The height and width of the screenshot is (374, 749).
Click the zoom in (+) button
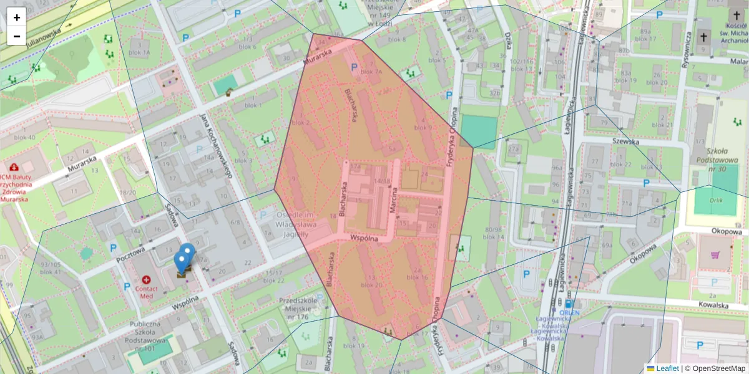tap(17, 17)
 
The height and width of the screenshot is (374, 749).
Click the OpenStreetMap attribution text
tap(718, 368)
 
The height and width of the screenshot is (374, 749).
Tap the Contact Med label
tap(147, 292)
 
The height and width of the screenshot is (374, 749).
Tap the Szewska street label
tap(627, 141)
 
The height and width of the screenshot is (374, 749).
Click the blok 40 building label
tap(24, 137)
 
